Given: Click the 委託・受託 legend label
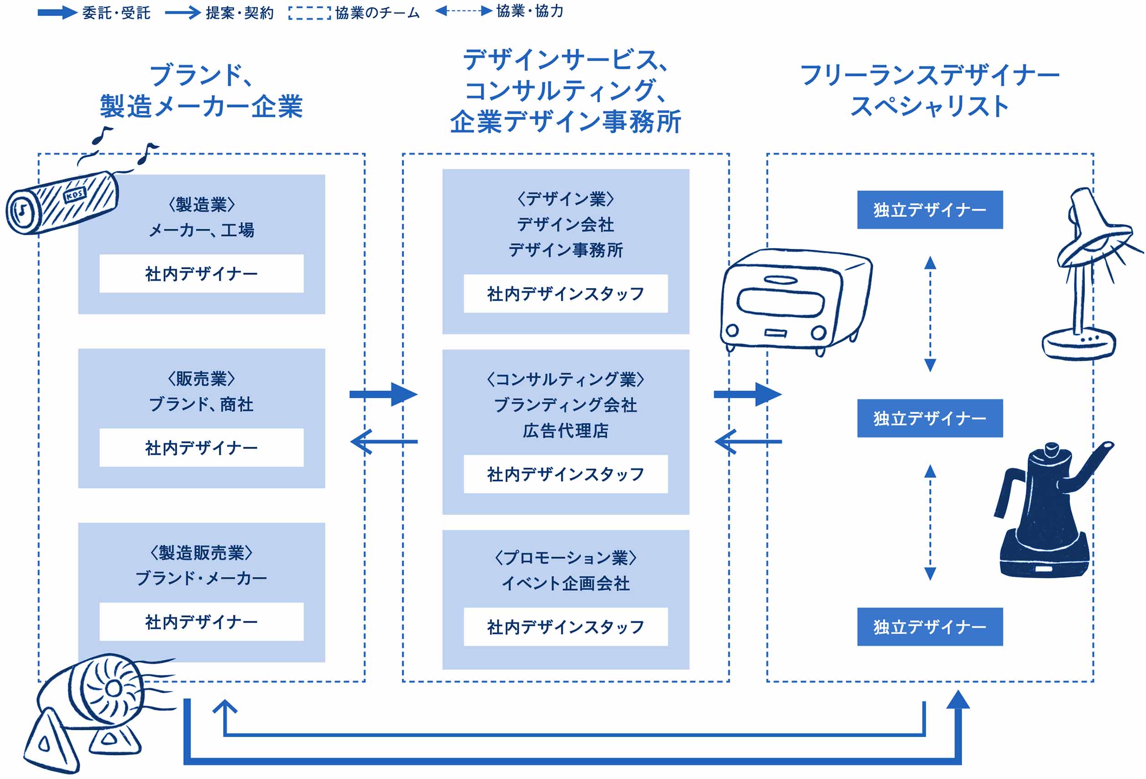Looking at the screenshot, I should pos(116,13).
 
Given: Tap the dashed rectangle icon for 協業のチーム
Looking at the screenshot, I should pos(310,13).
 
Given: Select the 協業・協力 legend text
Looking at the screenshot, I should pos(530,11).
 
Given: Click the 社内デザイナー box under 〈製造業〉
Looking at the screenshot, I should pos(201,274).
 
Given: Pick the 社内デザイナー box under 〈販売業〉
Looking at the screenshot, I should pos(201,448).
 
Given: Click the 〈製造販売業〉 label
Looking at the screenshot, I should pos(201,552).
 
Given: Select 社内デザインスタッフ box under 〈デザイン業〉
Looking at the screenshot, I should pos(566,294).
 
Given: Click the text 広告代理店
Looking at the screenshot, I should pos(566,431).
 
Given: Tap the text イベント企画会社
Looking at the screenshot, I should pos(566,583).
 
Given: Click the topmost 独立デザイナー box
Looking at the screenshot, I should pos(930,210).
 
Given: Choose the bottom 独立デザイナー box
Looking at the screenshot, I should pos(930,627).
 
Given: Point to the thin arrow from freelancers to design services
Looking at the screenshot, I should pos(747,442).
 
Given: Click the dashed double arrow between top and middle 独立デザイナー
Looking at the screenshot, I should pos(930,314).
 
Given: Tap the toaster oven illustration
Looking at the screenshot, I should pos(789,301).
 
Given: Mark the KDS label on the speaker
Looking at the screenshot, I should pos(75,195).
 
